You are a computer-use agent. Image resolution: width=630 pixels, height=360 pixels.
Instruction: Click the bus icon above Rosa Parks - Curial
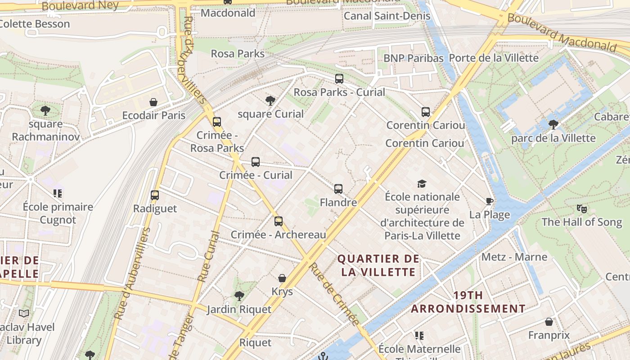click(339, 79)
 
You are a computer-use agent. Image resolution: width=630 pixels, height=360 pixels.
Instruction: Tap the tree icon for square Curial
click(270, 101)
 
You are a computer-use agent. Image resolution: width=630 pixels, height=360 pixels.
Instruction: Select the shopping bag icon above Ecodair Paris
click(153, 102)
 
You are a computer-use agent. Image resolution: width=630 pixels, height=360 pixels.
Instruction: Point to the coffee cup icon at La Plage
click(490, 201)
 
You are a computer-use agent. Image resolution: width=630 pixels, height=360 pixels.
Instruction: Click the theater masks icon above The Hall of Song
click(582, 209)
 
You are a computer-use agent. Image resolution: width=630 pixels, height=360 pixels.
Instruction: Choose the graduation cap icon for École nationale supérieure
click(422, 184)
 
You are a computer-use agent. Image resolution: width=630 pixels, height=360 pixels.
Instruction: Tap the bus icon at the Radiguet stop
click(155, 195)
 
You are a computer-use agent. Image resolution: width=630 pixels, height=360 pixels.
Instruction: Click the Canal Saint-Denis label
click(387, 16)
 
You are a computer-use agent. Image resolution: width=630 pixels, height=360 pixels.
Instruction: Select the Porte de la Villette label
click(494, 58)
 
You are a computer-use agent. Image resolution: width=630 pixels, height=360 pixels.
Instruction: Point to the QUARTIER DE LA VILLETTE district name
click(378, 265)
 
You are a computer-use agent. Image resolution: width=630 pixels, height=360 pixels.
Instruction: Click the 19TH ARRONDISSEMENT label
click(468, 302)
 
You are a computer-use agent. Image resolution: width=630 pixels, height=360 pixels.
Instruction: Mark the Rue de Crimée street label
click(334, 294)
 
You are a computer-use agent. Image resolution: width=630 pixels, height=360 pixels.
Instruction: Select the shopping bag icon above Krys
click(282, 279)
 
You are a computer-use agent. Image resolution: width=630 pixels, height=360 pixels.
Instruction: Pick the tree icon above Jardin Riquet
click(239, 296)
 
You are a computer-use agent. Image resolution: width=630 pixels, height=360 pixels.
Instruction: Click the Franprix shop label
click(549, 335)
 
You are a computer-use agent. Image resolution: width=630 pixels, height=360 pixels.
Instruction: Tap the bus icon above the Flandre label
click(338, 189)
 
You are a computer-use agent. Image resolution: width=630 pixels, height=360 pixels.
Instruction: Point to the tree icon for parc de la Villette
click(553, 125)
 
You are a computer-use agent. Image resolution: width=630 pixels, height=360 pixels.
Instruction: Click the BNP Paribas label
click(413, 58)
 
